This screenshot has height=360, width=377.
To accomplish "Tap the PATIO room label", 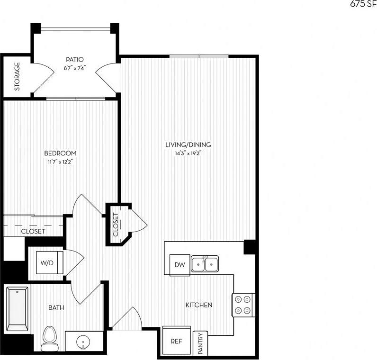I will [75, 60].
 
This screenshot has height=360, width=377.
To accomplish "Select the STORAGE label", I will [17, 76].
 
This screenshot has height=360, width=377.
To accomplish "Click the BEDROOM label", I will [60, 153].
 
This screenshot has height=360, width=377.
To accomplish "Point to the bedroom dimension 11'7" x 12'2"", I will [60, 162].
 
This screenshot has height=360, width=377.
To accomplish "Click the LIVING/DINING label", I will [188, 145].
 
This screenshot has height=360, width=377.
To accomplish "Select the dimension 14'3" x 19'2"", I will [188, 153].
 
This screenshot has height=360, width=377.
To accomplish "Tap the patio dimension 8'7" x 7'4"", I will [75, 67].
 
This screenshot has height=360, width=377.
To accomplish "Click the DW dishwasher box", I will [179, 264].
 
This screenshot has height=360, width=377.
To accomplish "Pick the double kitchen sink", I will [205, 263].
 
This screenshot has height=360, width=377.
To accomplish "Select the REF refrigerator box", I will [176, 341].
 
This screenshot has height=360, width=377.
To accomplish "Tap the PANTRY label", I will [200, 343].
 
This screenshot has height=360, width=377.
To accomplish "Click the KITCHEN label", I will [198, 305].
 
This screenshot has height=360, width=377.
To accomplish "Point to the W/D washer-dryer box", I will [46, 262].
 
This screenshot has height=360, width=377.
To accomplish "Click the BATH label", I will [56, 308].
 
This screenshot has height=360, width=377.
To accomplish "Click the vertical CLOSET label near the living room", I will [116, 225].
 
